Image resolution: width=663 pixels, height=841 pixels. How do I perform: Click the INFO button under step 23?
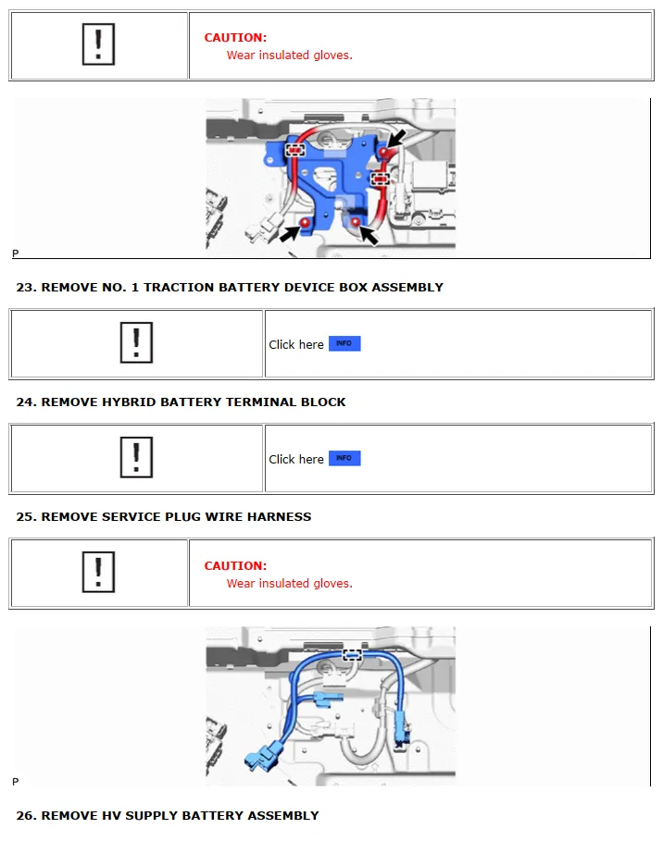tap(344, 344)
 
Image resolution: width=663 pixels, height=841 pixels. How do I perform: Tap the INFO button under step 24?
tap(344, 459)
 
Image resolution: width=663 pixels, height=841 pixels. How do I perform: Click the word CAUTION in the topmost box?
tap(235, 38)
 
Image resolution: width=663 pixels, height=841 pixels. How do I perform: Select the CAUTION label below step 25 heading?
tap(235, 566)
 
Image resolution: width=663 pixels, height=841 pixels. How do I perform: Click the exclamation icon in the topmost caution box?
tap(98, 45)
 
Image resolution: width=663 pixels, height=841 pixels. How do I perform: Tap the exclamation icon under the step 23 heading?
tap(136, 344)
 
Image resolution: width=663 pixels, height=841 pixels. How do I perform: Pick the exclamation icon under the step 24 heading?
tap(136, 459)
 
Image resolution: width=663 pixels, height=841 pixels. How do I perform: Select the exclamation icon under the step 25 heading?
tap(98, 573)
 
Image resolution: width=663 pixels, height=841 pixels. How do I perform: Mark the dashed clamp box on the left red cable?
tap(295, 150)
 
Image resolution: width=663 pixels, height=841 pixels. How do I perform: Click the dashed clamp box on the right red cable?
tap(379, 179)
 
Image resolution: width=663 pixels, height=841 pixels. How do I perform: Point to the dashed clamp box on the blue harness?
tap(352, 655)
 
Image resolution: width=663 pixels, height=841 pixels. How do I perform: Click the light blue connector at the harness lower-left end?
tap(256, 757)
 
